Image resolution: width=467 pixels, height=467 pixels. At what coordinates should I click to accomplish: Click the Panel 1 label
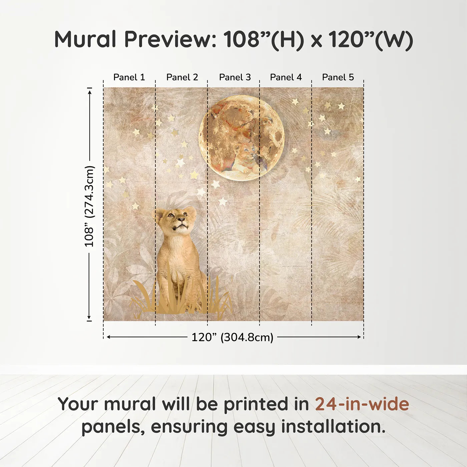click(129, 77)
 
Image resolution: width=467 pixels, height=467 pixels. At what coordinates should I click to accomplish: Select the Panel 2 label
click(182, 77)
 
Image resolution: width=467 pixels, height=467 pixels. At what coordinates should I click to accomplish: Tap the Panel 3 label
click(235, 77)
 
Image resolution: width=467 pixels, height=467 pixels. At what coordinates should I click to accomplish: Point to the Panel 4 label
click(286, 77)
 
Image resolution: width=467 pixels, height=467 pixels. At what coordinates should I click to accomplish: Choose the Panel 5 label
click(338, 77)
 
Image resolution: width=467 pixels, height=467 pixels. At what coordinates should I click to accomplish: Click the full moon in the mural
click(242, 138)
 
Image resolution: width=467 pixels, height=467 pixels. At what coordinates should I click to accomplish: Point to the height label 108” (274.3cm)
click(89, 206)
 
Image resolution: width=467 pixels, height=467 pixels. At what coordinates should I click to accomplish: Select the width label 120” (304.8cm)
click(232, 337)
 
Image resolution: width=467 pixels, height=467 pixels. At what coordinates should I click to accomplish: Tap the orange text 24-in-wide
click(362, 404)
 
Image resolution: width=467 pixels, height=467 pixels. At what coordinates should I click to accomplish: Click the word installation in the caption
click(333, 427)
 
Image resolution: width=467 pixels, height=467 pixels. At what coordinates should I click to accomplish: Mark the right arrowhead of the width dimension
click(359, 337)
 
